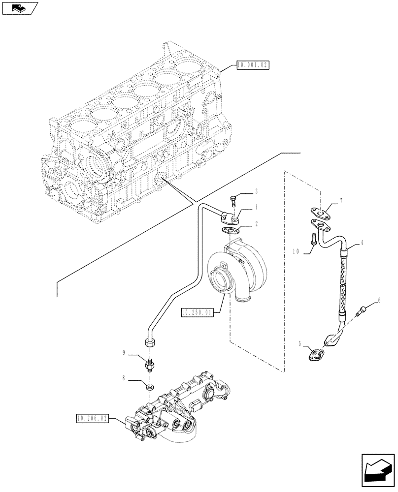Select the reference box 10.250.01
click(197, 312)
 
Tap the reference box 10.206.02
click(92, 419)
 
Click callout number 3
click(256, 191)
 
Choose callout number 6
click(379, 299)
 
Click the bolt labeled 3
click(233, 201)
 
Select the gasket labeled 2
click(230, 230)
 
